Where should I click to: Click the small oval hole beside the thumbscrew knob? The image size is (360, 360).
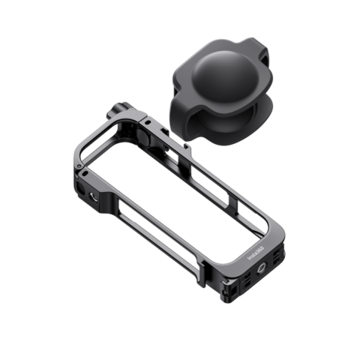(x=149, y=120)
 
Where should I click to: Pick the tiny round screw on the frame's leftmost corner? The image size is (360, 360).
(x=84, y=174)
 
